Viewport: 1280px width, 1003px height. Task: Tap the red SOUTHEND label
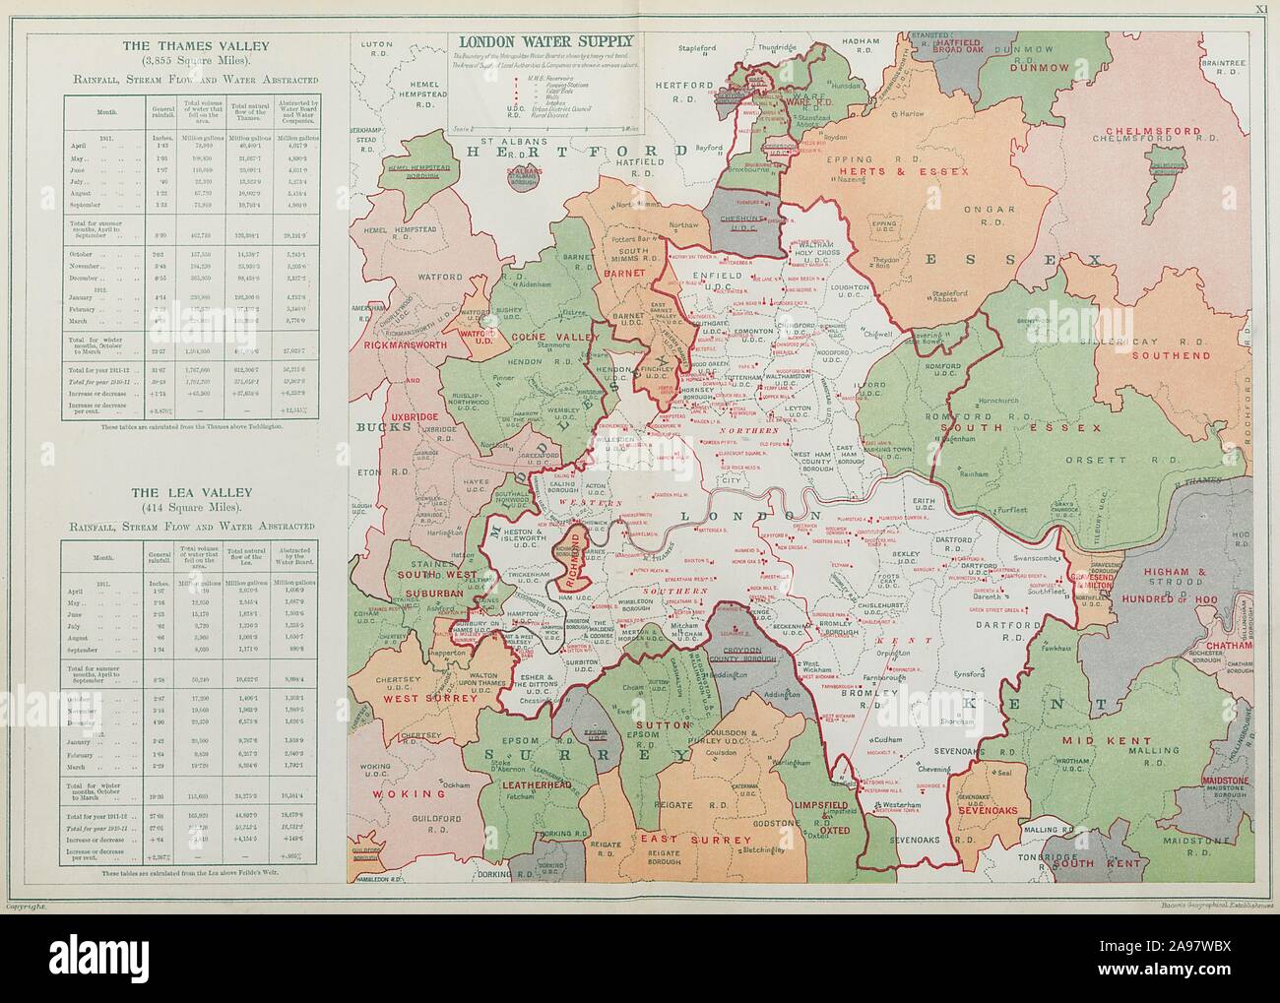coord(1183,353)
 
